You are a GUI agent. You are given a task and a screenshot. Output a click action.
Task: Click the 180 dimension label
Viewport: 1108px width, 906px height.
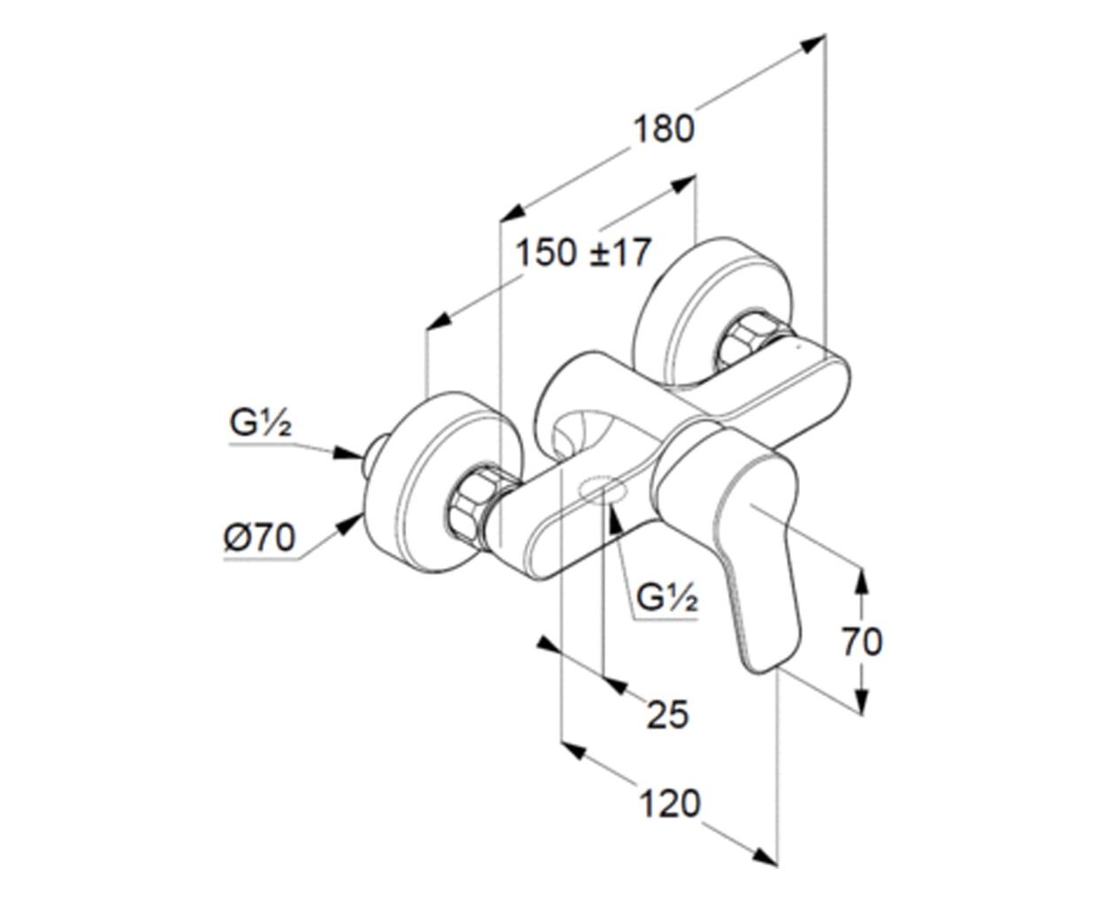pyautogui.click(x=664, y=129)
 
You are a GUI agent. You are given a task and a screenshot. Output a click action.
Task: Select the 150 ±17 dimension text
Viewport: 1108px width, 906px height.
pyautogui.click(x=584, y=253)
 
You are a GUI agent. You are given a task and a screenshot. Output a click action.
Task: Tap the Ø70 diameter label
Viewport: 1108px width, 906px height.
pyautogui.click(x=260, y=538)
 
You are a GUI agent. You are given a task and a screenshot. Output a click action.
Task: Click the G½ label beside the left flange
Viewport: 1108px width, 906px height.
pyautogui.click(x=260, y=423)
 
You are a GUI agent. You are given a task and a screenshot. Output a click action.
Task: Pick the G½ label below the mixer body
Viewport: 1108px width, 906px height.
pyautogui.click(x=666, y=598)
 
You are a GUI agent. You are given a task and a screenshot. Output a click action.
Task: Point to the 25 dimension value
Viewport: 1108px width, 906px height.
pyautogui.click(x=667, y=715)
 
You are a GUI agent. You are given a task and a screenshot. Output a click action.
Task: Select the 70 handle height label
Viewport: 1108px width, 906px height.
pyautogui.click(x=863, y=641)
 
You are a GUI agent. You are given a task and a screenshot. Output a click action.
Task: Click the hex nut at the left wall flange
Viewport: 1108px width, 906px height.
pyautogui.click(x=472, y=503)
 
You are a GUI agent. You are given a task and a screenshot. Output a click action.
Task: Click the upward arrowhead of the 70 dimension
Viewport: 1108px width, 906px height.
pyautogui.click(x=862, y=582)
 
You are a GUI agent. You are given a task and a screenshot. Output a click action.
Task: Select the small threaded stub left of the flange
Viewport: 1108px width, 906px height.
pyautogui.click(x=375, y=456)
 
